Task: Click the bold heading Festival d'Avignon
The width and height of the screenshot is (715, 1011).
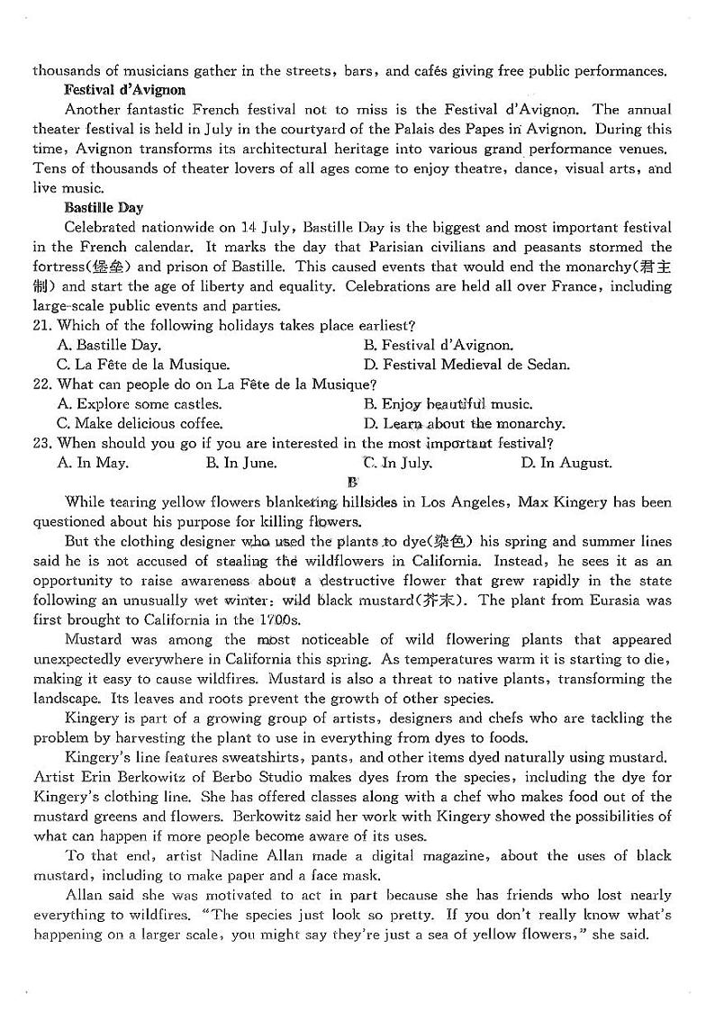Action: [125, 90]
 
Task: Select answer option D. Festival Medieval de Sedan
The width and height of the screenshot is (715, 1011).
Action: [466, 365]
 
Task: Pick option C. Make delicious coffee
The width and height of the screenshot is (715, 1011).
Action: [140, 423]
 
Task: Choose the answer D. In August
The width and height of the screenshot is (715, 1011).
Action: [566, 463]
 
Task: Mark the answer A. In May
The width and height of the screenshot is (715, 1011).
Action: [93, 463]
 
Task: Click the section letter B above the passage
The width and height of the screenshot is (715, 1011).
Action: [352, 482]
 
